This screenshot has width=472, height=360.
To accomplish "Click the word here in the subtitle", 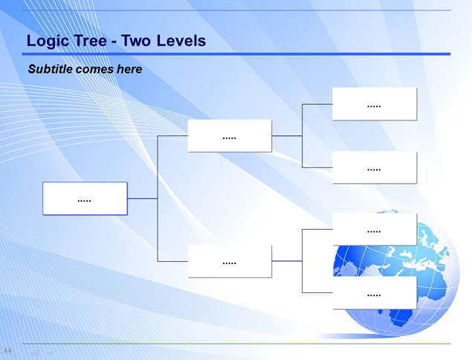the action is [x=129, y=69].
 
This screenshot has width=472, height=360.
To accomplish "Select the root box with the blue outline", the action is [x=85, y=199].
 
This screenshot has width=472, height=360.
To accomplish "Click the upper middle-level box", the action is [x=230, y=136].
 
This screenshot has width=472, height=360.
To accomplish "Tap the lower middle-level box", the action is [x=230, y=261].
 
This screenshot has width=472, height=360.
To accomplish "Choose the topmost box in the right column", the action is [x=375, y=104].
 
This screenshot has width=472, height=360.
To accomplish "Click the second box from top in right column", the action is [x=375, y=167].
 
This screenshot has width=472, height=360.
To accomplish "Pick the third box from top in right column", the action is [x=375, y=230].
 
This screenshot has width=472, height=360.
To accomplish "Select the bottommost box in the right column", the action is [x=375, y=292].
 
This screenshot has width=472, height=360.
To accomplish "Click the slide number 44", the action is [x=7, y=350].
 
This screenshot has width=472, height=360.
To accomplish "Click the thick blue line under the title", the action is [x=236, y=54].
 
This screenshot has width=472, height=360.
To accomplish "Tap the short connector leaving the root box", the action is [x=143, y=199].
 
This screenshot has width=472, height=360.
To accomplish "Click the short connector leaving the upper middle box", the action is [x=287, y=136].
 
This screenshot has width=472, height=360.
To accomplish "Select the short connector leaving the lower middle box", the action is [x=287, y=261].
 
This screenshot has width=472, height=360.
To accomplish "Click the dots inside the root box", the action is [x=84, y=201].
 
